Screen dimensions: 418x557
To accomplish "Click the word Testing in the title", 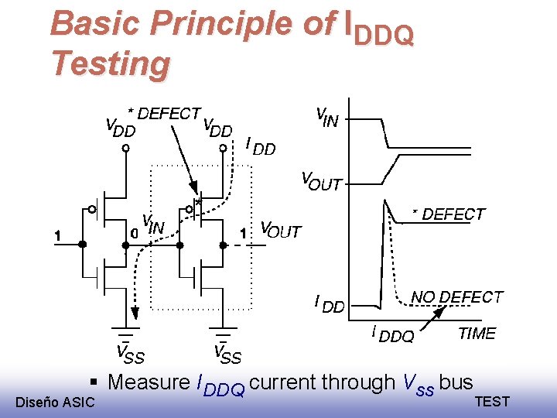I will (x=109, y=63).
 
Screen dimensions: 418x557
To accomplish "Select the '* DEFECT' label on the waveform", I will (x=449, y=214).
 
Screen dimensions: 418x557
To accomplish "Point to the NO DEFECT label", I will (x=456, y=297).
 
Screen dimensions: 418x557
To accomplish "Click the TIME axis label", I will (x=477, y=334).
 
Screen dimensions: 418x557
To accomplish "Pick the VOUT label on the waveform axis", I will (x=320, y=183).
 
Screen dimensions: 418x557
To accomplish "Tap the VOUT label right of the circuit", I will (x=280, y=230).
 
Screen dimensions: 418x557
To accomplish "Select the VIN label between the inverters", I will (x=153, y=225).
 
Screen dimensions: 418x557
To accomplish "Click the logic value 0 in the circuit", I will (x=134, y=231).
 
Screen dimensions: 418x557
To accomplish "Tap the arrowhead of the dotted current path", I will (x=135, y=312).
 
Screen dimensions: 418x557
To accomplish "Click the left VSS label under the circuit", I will (x=130, y=354).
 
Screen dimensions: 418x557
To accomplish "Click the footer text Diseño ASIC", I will (x=55, y=402).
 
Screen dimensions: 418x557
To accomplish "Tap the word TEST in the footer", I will (x=492, y=401).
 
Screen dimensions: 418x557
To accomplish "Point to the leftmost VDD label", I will (x=120, y=128).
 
